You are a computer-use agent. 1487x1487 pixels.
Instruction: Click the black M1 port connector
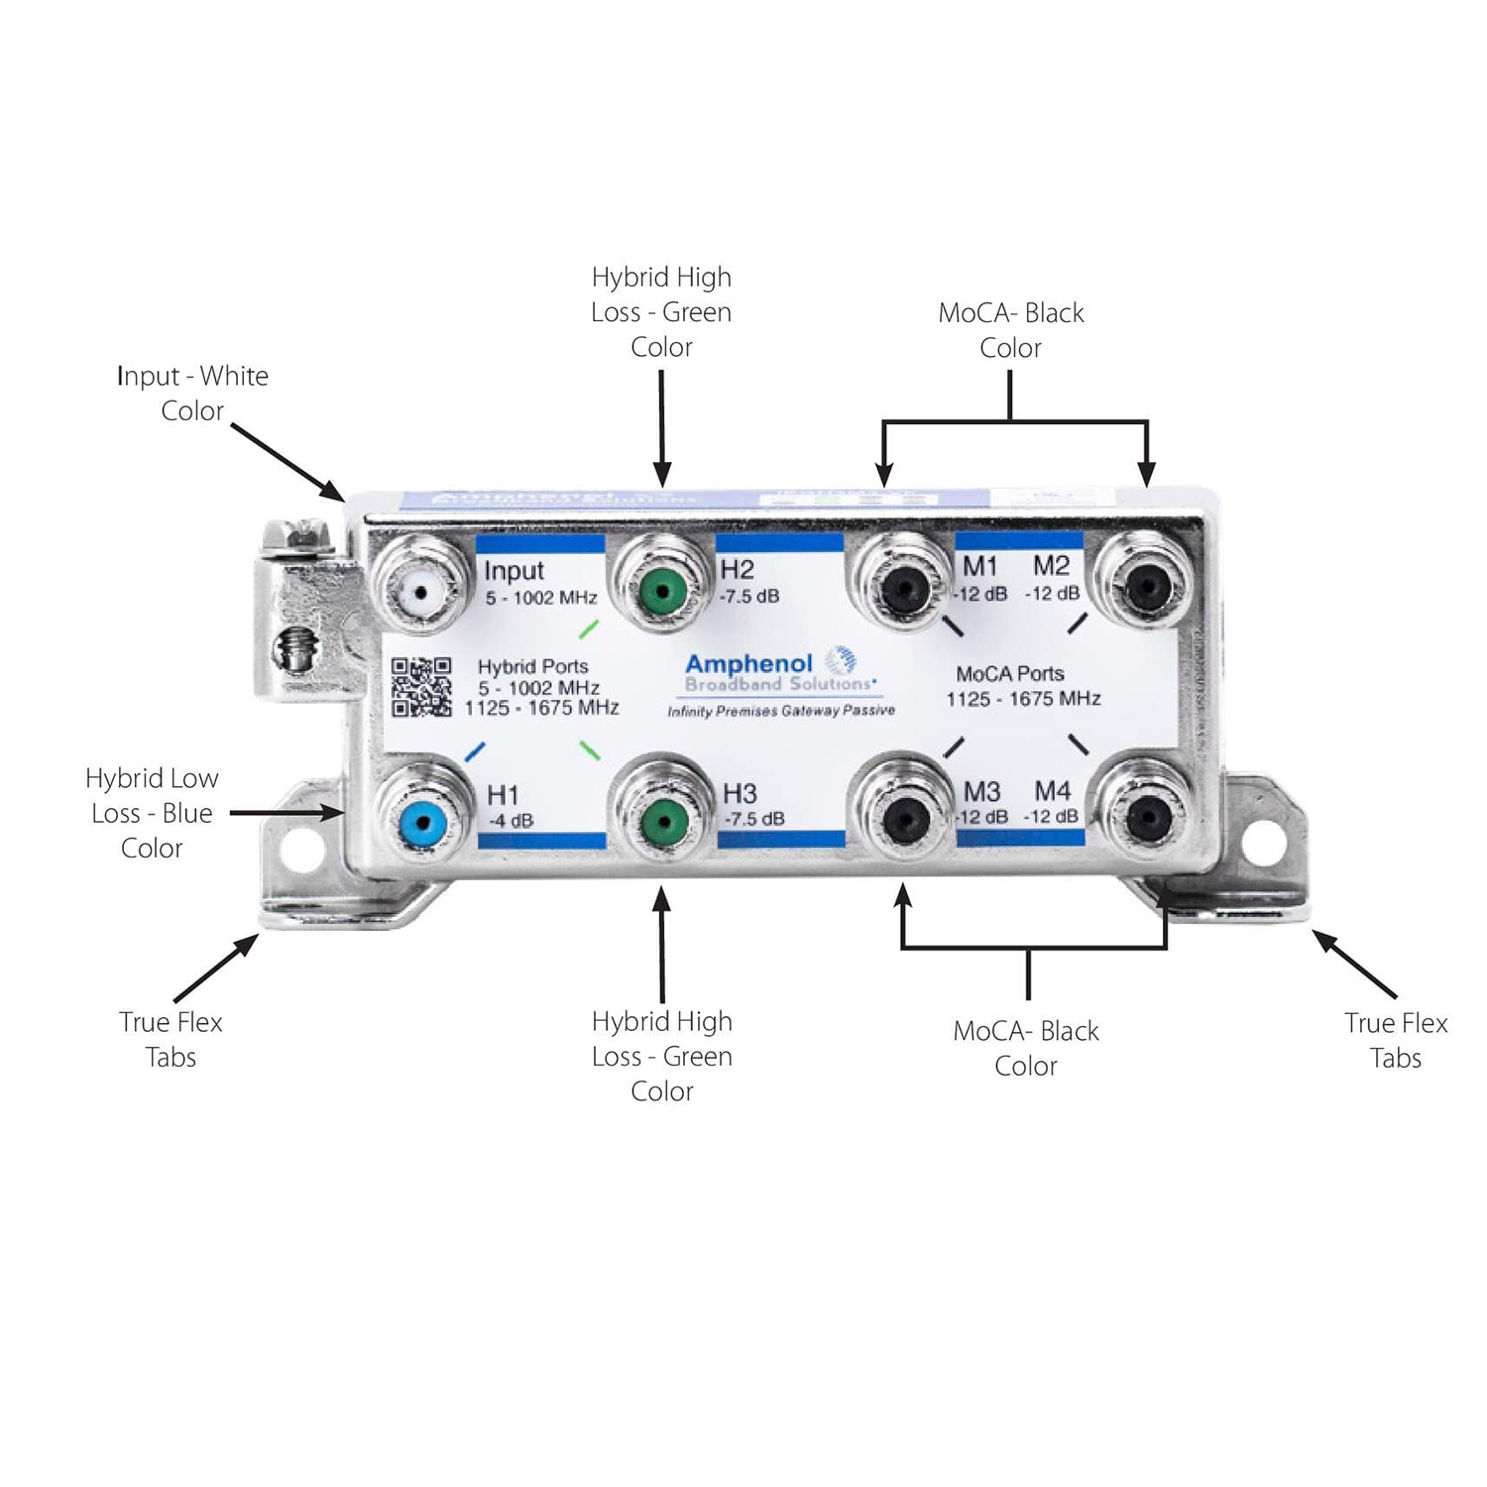(x=903, y=591)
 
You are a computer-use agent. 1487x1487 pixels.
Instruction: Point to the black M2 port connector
(x=1146, y=589)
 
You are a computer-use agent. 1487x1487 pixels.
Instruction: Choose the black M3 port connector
(x=904, y=819)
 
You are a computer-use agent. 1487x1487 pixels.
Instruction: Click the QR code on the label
(x=421, y=687)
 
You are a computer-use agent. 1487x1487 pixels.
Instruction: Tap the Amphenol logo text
(x=749, y=664)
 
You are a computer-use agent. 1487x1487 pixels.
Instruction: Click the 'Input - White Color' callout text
(x=192, y=393)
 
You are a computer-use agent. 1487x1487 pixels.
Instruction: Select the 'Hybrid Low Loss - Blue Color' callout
(x=152, y=813)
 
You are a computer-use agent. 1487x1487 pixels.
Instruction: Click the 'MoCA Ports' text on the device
(x=1010, y=674)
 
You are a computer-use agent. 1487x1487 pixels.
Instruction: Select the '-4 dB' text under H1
(x=511, y=821)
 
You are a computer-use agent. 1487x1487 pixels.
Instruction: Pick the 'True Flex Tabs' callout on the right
(x=1395, y=1040)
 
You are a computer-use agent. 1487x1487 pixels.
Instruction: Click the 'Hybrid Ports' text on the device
(x=532, y=667)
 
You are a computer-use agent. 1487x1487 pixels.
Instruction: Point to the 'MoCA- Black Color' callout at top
(x=1010, y=330)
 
